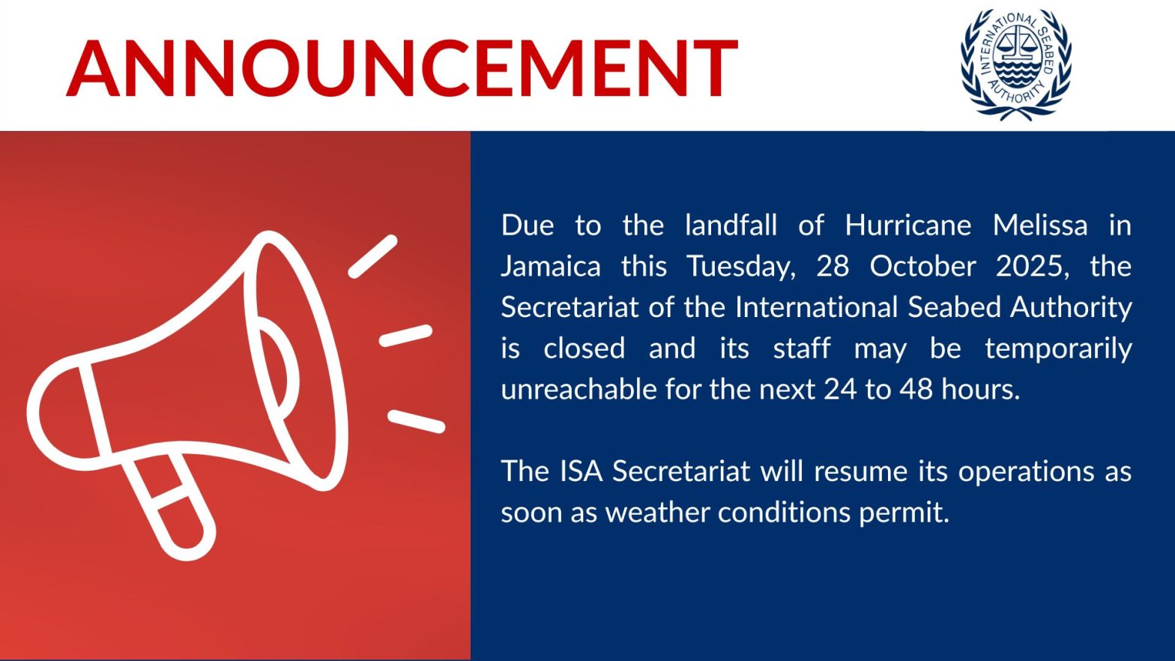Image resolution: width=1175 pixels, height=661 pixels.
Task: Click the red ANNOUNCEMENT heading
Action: pyautogui.click(x=402, y=68)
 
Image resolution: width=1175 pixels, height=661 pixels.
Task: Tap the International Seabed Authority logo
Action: pyautogui.click(x=1016, y=64)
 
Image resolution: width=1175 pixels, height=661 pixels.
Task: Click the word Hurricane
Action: pyautogui.click(x=908, y=226)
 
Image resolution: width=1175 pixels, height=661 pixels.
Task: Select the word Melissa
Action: pyautogui.click(x=1039, y=226)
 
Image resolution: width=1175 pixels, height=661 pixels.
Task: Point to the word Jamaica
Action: pyautogui.click(x=550, y=267)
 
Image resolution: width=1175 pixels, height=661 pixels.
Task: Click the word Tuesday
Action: pyautogui.click(x=739, y=267)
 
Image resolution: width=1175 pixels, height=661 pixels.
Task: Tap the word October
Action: pyautogui.click(x=922, y=267)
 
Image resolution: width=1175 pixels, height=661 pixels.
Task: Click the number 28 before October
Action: pyautogui.click(x=833, y=267)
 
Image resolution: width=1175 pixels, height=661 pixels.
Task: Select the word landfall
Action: pyautogui.click(x=731, y=226)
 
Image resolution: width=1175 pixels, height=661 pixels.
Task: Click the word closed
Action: pyautogui.click(x=584, y=348)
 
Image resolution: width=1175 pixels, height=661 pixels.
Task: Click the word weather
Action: pyautogui.click(x=658, y=512)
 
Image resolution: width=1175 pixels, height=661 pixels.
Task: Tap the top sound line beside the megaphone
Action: pyautogui.click(x=373, y=256)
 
